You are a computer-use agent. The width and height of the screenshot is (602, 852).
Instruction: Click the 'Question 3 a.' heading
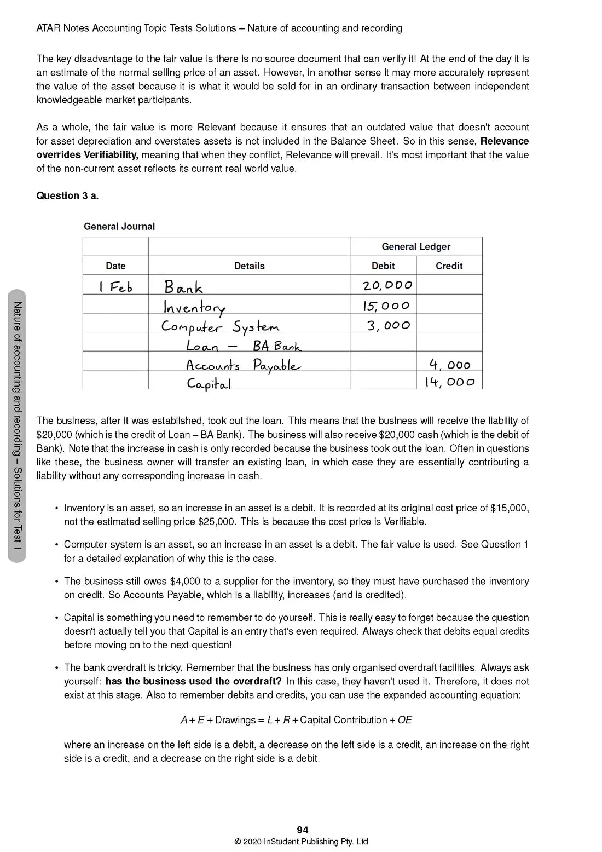pos(67,196)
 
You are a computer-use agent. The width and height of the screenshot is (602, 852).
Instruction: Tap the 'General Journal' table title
pos(119,227)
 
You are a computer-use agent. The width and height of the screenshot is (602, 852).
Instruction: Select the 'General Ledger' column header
pos(416,247)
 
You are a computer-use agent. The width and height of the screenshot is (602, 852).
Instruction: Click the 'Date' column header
pos(115,266)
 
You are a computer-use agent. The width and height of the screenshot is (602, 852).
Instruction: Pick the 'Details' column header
pos(249,266)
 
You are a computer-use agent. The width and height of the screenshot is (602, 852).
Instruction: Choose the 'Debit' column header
pos(383,266)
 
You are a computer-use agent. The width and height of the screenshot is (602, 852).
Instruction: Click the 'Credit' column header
pos(449,266)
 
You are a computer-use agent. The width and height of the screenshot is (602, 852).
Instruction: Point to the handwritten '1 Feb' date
pos(115,286)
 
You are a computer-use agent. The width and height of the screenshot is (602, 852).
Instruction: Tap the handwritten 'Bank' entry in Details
pos(183,287)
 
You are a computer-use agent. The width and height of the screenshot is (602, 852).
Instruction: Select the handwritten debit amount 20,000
pos(387,285)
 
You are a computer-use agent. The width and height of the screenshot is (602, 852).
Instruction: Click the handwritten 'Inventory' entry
pos(194,307)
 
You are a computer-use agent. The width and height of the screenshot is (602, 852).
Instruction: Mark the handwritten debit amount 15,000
pos(386,306)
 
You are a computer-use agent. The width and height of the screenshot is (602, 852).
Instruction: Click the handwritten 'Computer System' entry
pos(220,327)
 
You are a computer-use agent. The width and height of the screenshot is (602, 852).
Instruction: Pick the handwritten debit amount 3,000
pos(389,325)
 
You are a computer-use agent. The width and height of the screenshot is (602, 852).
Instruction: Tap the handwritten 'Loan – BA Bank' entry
pos(243,346)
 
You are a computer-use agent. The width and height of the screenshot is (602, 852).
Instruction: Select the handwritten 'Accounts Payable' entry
pos(242,365)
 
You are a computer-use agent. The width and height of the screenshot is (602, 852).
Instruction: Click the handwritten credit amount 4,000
pos(450,365)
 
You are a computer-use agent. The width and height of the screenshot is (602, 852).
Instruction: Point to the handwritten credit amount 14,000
pos(450,382)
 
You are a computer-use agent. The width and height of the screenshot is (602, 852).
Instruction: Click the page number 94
pos(302,830)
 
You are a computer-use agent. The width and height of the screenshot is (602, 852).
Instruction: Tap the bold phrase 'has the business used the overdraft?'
pos(193,682)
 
